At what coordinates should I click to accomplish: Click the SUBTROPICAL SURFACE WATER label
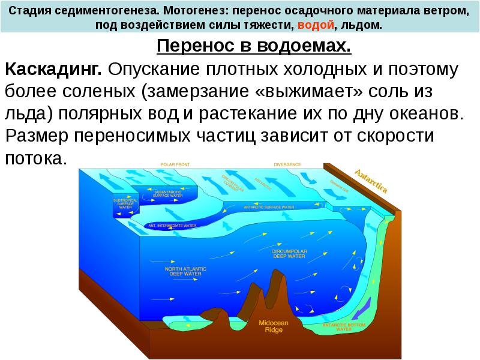(x=125, y=203)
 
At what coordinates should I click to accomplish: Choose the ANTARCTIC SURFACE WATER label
(x=269, y=207)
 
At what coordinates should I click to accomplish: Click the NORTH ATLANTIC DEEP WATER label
(x=185, y=271)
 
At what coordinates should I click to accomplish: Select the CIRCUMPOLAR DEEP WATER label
(x=290, y=254)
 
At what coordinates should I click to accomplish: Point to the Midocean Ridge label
(x=274, y=326)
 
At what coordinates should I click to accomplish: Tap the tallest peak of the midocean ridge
(x=278, y=273)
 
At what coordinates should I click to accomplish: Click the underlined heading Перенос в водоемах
(x=253, y=46)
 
